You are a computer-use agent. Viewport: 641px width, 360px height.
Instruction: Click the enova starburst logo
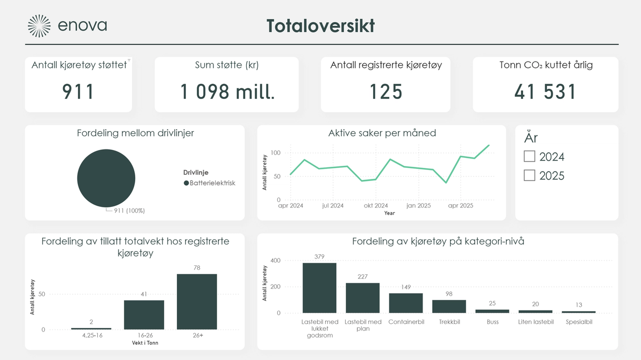(39, 26)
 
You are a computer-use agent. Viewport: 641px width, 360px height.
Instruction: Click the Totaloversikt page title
(320, 26)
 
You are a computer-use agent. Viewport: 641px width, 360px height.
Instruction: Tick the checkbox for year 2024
(529, 156)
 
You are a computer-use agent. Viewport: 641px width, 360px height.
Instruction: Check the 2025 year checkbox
(529, 175)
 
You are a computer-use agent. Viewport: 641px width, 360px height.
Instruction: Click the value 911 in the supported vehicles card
(78, 92)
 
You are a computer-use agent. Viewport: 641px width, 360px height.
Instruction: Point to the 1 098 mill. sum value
(227, 92)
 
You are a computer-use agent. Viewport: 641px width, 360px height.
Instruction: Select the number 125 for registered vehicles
(386, 92)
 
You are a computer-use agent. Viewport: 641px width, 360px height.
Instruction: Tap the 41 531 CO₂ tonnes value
(545, 92)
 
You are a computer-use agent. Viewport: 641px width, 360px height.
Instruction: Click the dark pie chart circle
(106, 178)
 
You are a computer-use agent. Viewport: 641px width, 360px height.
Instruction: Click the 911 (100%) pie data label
(129, 211)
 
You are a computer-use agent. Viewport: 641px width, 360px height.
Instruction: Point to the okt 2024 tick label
(376, 206)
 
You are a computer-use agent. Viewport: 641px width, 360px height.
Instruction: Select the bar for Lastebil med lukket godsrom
(319, 288)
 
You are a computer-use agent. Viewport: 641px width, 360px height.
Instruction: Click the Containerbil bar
(406, 303)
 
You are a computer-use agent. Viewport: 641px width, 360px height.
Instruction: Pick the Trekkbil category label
(449, 322)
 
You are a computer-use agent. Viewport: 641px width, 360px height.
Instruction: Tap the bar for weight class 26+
(197, 302)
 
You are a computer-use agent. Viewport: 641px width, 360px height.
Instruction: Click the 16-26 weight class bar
(144, 315)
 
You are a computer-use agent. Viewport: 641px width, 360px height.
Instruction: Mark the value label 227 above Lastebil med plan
(363, 277)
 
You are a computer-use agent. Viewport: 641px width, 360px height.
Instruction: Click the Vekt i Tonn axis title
(144, 343)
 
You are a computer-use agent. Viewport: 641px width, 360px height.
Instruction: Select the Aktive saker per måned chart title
(382, 133)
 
